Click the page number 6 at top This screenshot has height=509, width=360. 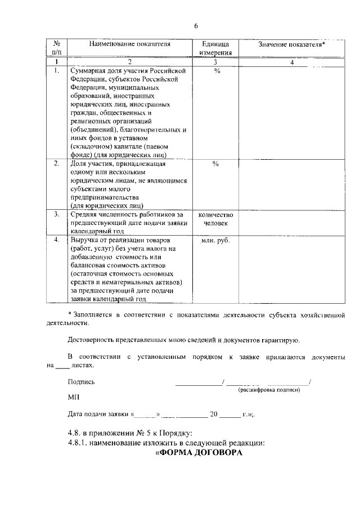(x=196, y=26)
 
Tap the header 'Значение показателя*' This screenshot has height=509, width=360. (x=291, y=44)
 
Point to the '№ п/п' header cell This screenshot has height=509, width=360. (x=57, y=48)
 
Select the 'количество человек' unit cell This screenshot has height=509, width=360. (x=215, y=219)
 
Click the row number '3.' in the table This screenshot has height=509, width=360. (x=57, y=214)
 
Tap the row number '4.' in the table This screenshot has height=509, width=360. (x=57, y=240)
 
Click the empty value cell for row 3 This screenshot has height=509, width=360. (x=291, y=222)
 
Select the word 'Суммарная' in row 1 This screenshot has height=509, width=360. (x=88, y=71)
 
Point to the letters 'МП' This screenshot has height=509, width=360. (x=73, y=397)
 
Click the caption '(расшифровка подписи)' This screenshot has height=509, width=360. (x=269, y=390)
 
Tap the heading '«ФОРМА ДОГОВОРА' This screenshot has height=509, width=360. (x=198, y=454)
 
